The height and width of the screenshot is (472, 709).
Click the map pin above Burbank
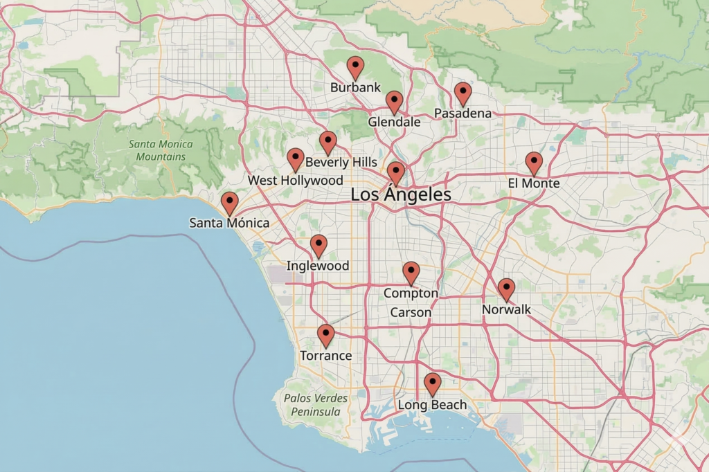pyautogui.click(x=355, y=68)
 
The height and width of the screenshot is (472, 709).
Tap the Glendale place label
pyautogui.click(x=394, y=122)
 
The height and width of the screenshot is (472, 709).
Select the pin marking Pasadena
pyautogui.click(x=463, y=93)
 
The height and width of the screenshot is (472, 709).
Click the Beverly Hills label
pyautogui.click(x=341, y=162)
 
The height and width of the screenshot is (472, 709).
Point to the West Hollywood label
pyautogui.click(x=296, y=181)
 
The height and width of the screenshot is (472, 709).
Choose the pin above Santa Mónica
pyautogui.click(x=229, y=203)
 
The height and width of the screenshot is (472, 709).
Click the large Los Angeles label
pyautogui.click(x=401, y=195)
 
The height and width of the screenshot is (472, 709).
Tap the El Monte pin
pyautogui.click(x=533, y=163)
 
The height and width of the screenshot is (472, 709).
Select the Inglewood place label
pyautogui.click(x=318, y=266)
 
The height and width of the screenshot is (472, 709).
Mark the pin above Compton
pyautogui.click(x=411, y=273)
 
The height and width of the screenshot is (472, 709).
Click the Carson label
pyautogui.click(x=411, y=313)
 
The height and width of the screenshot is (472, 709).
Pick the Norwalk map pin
pyautogui.click(x=506, y=289)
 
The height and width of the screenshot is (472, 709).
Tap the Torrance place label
pyautogui.click(x=325, y=356)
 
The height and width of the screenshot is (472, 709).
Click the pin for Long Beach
pyautogui.click(x=432, y=383)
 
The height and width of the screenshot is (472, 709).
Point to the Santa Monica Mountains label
pyautogui.click(x=161, y=151)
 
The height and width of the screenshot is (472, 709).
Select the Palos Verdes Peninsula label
pyautogui.click(x=316, y=405)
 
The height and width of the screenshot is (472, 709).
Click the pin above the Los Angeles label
pyautogui.click(x=395, y=172)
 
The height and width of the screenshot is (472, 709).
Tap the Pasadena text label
pyautogui.click(x=463, y=113)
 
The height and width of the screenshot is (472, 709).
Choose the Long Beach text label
pyautogui.click(x=432, y=405)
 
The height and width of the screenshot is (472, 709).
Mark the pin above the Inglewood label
pyautogui.click(x=318, y=245)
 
